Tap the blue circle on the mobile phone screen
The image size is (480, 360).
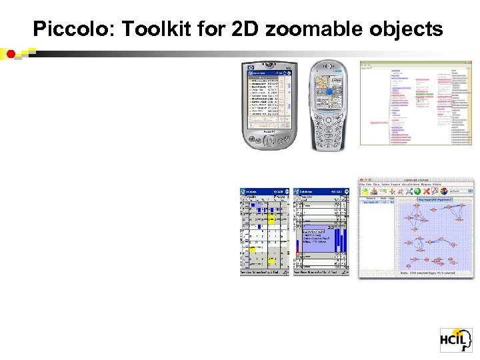[x=327, y=91]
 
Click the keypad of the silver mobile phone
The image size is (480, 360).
[x=330, y=130]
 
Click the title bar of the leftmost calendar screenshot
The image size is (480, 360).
[x=265, y=191]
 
